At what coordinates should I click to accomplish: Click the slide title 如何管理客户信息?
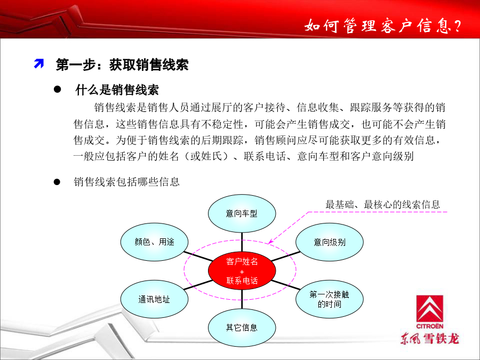coord(382,26)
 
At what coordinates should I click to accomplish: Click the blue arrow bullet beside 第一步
coord(39,63)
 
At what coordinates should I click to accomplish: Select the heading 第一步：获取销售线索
coord(122,65)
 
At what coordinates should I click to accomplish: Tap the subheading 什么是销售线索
coord(117,90)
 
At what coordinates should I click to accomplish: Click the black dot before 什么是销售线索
coord(57,90)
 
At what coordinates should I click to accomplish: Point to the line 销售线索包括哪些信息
coord(126,182)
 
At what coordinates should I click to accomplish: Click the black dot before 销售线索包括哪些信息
coord(57,182)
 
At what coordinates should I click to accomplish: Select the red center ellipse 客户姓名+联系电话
coord(242,270)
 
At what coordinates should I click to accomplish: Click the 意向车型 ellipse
coord(242,213)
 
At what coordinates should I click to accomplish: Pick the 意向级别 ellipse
coord(330,242)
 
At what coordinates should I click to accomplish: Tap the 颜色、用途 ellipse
coord(154,242)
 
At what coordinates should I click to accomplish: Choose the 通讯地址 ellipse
coord(154,299)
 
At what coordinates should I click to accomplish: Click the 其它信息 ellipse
coord(242,327)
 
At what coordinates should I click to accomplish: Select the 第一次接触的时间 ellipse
coord(330,299)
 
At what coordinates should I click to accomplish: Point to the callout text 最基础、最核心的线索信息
coord(382,204)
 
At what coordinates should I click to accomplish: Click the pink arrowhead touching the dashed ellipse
coord(270,242)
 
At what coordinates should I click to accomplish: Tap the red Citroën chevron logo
coord(429,309)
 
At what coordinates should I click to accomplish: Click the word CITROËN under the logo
coord(429,326)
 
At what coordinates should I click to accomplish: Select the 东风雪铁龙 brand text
coord(430,339)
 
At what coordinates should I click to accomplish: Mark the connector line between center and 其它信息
coord(242,299)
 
